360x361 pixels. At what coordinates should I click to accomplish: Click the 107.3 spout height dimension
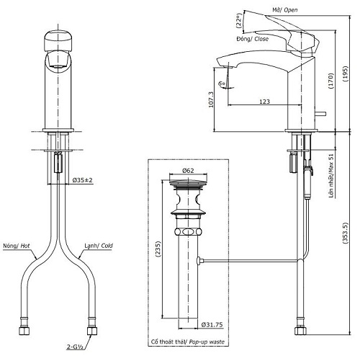click(211, 99)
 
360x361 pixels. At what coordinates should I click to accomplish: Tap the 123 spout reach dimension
click(264, 102)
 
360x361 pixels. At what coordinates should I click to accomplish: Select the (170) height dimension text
click(331, 81)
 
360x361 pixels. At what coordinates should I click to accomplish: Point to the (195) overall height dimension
click(345, 74)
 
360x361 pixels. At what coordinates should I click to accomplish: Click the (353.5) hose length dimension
click(345, 233)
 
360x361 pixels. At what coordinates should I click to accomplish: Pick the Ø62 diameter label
click(188, 171)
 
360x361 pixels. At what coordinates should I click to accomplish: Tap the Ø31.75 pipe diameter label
click(212, 325)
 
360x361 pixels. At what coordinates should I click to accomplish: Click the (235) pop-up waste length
click(158, 249)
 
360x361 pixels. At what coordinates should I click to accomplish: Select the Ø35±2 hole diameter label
click(82, 179)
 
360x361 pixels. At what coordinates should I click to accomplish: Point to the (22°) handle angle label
click(238, 21)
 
